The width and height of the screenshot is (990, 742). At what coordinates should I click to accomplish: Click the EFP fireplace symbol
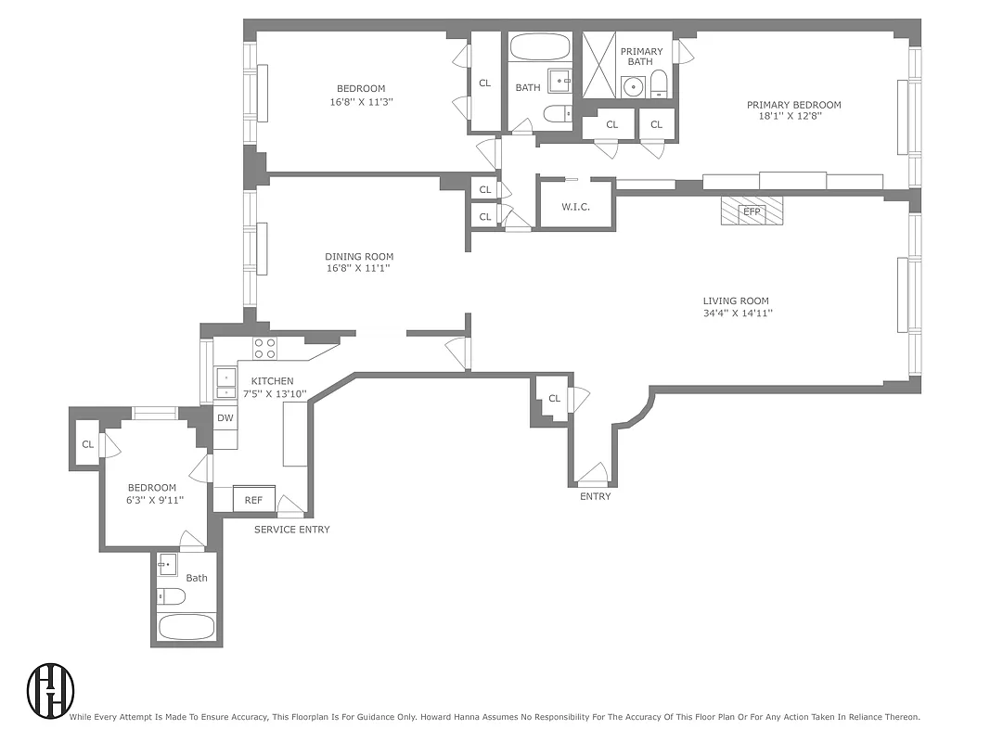(x=752, y=211)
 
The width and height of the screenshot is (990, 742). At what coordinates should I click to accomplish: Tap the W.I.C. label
(x=575, y=207)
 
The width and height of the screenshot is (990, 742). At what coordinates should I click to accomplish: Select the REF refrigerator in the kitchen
(x=253, y=499)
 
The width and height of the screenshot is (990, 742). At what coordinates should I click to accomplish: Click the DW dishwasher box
(x=225, y=418)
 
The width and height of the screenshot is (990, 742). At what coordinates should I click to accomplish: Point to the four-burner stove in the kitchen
(x=264, y=348)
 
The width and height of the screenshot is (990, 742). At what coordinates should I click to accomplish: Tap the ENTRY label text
(x=595, y=496)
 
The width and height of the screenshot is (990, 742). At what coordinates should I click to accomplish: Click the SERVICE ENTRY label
(x=292, y=530)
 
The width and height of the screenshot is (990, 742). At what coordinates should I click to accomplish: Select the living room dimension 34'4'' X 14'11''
(x=738, y=313)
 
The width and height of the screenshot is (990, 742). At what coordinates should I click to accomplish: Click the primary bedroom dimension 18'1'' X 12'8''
(x=793, y=117)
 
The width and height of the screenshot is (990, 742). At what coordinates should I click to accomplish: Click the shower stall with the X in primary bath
(x=599, y=65)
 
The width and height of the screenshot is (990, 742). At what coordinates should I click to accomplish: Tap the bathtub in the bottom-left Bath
(x=186, y=627)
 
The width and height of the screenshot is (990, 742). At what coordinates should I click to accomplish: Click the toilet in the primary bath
(x=658, y=83)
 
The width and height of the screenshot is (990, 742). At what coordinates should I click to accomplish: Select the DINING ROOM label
(x=359, y=257)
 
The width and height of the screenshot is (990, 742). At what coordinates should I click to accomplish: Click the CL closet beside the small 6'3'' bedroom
(x=87, y=444)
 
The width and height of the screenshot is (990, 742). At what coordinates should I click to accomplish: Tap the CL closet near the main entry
(x=554, y=399)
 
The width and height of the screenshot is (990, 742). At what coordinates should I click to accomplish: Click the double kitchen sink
(x=225, y=383)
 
